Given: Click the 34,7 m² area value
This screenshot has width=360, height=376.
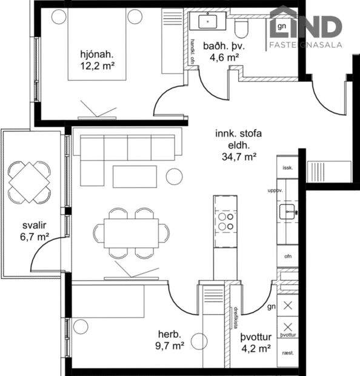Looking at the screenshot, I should (x=238, y=156).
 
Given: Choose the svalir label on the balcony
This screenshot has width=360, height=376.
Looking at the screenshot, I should (x=34, y=226).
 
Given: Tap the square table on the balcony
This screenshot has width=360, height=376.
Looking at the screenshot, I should (x=30, y=181).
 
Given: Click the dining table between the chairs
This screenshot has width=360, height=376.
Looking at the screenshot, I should (x=131, y=233).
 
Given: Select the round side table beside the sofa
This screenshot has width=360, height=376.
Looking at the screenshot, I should (x=175, y=176).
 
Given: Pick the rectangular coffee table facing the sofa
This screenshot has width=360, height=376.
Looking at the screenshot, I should (x=135, y=176).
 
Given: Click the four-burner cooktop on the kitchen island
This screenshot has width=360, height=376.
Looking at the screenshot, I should (x=226, y=221).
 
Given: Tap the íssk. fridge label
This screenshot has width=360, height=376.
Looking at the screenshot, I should (x=288, y=167).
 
